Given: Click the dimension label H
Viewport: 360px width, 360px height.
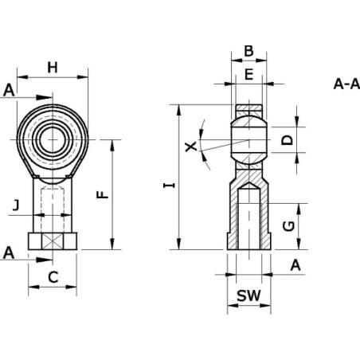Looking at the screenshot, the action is (x=53, y=68).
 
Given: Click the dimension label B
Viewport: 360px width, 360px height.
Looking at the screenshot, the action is (x=248, y=51).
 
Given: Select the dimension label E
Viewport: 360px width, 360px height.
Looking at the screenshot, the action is (x=248, y=74).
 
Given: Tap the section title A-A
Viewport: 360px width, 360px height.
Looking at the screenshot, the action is (x=346, y=84).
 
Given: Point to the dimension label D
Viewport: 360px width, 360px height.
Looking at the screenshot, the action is (x=287, y=140).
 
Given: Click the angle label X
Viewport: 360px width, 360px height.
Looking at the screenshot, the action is (x=191, y=147).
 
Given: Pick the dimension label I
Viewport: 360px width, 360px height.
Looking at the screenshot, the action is (x=169, y=186).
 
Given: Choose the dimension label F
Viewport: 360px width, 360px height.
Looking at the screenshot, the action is (x=103, y=194).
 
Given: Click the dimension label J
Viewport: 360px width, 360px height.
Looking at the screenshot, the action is (x=16, y=205).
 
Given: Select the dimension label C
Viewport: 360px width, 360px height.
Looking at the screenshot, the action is (x=53, y=277).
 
